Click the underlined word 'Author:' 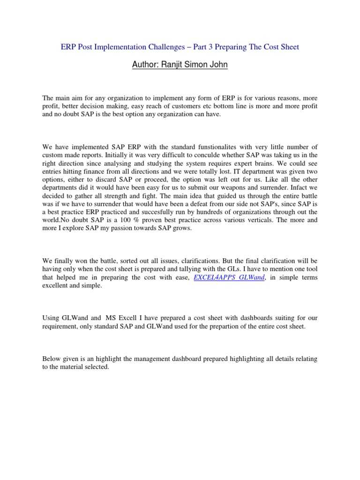(147, 65)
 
